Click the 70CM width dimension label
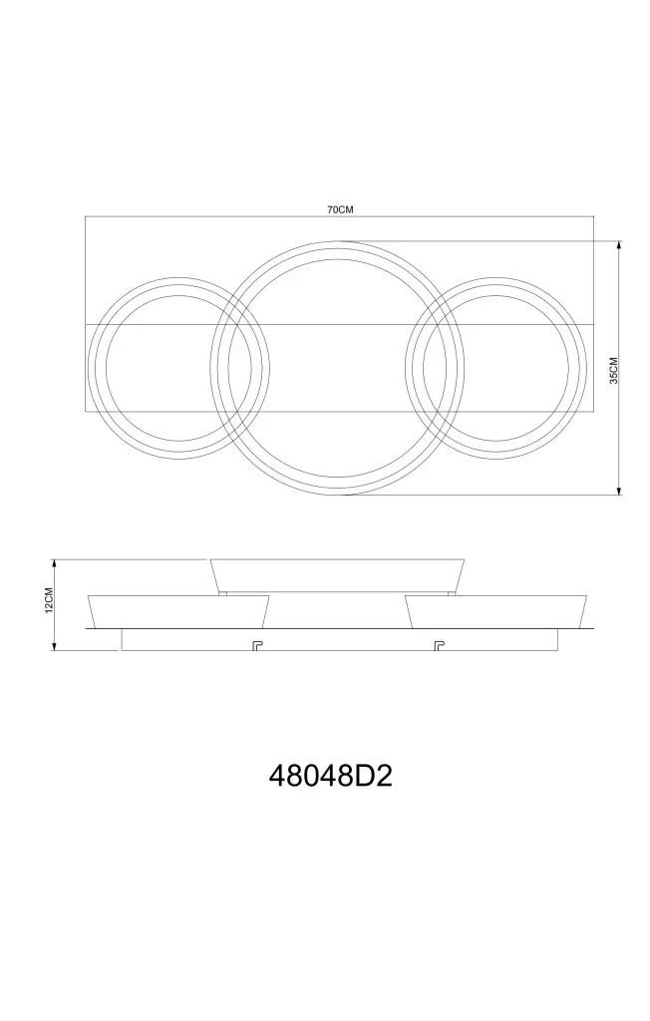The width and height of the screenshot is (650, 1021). click(339, 209)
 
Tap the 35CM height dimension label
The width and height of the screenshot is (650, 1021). click(613, 371)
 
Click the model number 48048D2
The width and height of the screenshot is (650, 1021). click(331, 776)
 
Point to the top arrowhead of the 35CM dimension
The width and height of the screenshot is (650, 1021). click(619, 245)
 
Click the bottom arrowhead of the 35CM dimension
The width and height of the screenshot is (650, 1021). click(619, 491)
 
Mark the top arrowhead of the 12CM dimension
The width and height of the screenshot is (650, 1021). click(56, 563)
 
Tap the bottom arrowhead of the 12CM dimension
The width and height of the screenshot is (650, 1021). click(56, 646)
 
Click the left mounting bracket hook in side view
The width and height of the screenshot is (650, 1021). click(256, 645)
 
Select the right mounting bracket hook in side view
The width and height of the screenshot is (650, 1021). click(440, 645)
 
